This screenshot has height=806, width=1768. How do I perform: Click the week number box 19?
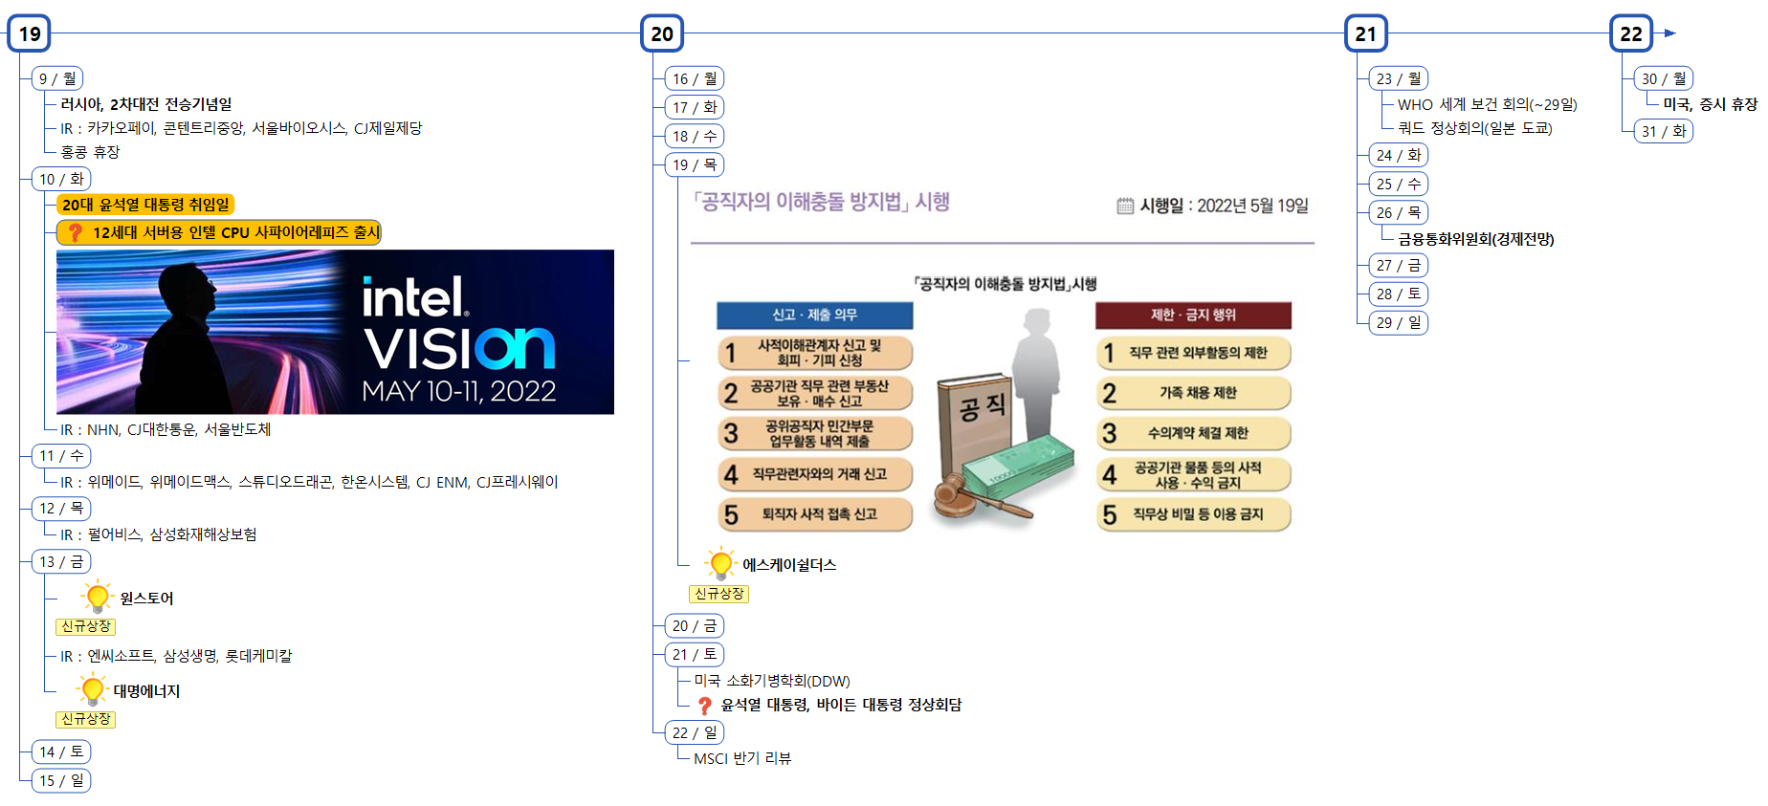(30, 34)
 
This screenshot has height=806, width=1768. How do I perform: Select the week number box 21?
(1365, 34)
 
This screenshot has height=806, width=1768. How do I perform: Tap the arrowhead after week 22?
(1669, 33)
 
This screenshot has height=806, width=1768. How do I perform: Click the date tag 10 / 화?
(61, 179)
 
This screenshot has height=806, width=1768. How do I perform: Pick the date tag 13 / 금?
(61, 561)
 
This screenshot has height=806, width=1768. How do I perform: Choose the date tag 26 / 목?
(1398, 212)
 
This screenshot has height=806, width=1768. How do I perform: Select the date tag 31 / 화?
(1663, 131)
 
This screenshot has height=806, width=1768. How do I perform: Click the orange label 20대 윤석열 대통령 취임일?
(145, 205)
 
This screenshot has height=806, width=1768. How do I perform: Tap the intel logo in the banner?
(414, 297)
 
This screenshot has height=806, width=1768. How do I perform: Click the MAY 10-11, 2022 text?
(458, 391)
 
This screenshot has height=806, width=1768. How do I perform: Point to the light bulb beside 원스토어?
(97, 597)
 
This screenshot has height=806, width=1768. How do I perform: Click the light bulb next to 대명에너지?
(93, 688)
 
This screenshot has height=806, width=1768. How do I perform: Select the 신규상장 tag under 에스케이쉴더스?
(718, 594)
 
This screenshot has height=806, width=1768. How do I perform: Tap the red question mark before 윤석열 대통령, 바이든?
(705, 706)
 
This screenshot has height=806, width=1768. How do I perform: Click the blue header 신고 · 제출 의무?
(814, 315)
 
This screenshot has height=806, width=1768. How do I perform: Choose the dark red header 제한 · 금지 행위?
(1193, 315)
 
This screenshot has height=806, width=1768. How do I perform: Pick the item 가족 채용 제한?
(1198, 393)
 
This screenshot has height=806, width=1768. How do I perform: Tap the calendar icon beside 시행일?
(1125, 206)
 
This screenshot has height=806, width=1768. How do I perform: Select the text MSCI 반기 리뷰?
(742, 758)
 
